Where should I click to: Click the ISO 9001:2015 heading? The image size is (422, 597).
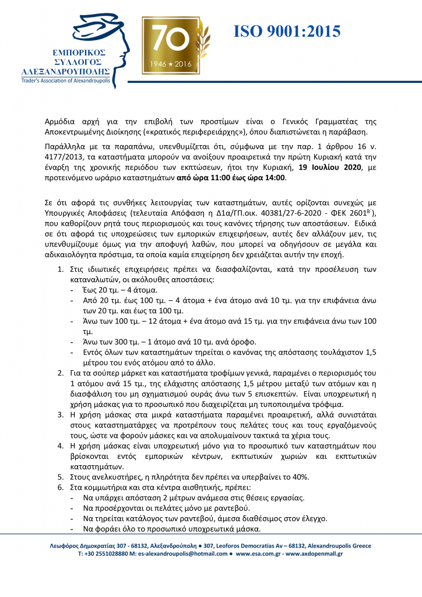click(287, 31)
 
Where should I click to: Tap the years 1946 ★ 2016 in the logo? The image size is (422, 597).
click(170, 63)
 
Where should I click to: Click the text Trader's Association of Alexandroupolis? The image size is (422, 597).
click(65, 80)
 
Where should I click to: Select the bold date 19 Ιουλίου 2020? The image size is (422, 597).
click(330, 167)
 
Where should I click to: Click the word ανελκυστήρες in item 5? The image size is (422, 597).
click(115, 477)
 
